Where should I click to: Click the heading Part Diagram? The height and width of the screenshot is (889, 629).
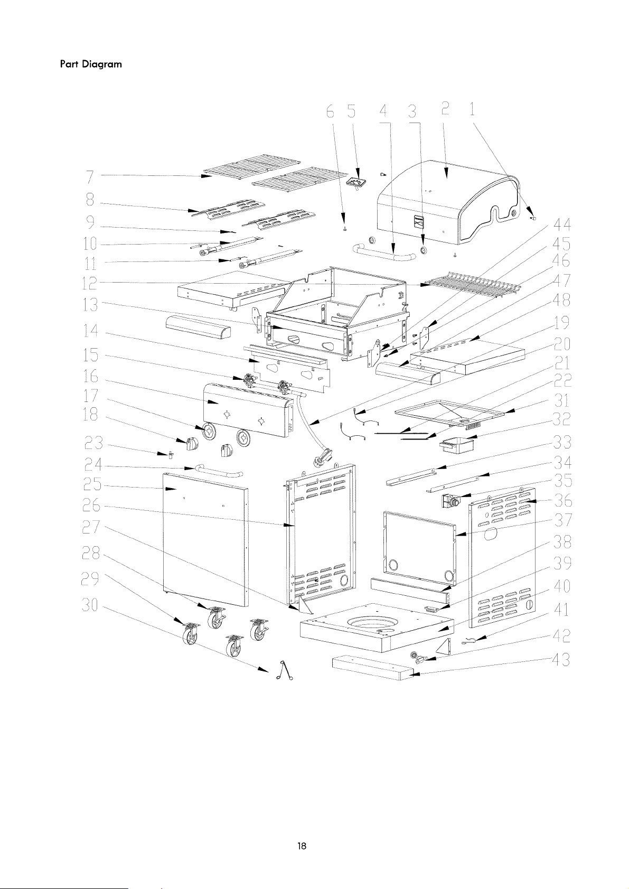[x=91, y=64]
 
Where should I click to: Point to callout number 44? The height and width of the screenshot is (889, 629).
[x=561, y=224]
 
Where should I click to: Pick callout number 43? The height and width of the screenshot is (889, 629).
[x=561, y=660]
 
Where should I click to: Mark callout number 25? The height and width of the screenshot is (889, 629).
[x=92, y=484]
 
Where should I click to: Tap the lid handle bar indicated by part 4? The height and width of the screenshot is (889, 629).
[x=384, y=255]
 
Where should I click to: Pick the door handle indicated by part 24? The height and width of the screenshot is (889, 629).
[x=218, y=472]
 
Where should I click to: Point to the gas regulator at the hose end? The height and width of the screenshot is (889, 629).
[x=323, y=456]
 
